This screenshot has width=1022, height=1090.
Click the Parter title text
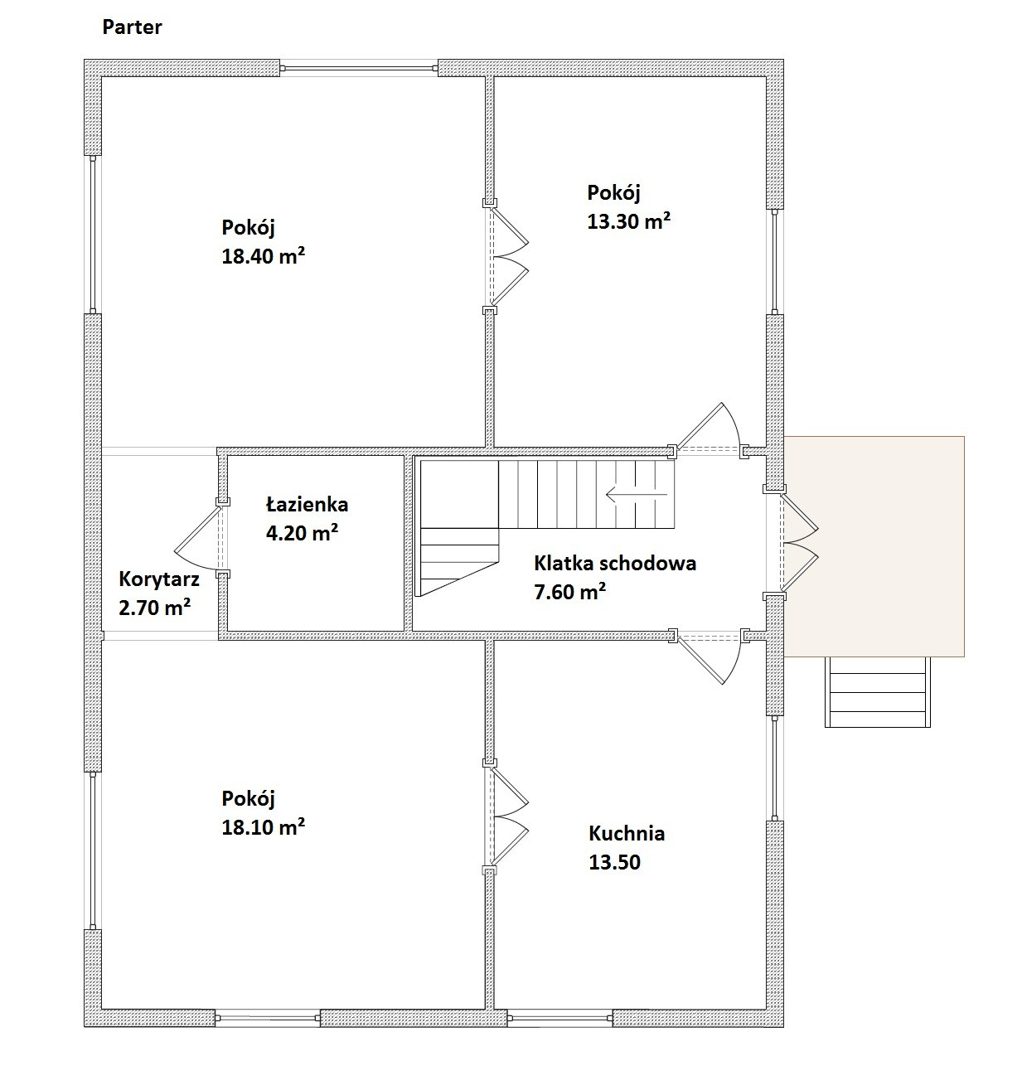coord(132,27)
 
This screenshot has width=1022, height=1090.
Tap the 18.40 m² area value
coord(263,256)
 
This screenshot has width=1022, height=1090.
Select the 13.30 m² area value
coord(628,221)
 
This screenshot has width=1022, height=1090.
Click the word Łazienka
coord(307,504)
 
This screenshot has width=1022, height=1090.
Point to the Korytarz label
coord(158,579)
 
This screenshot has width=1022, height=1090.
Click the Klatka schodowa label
coord(615,563)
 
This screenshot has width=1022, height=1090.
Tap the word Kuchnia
coord(627,833)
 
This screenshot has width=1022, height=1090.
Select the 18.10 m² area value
coord(263,826)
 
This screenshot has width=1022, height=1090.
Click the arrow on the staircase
coord(637,495)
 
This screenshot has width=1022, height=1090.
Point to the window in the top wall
coord(359,68)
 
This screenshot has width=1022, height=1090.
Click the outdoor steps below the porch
coord(877,692)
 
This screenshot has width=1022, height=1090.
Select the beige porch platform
coord(874,546)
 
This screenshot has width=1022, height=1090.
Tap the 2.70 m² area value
coord(155,608)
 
